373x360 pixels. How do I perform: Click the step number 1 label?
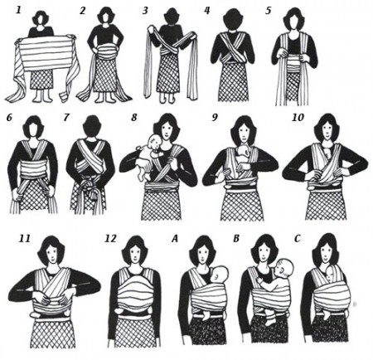tap(18, 10)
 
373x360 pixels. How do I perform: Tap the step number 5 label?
tap(268, 10)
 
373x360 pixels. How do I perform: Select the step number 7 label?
tap(65, 117)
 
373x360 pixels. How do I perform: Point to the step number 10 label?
tap(298, 117)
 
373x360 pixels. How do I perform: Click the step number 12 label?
tap(110, 238)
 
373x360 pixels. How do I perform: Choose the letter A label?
tap(175, 238)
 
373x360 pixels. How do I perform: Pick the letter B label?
tap(236, 238)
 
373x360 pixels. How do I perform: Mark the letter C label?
tap(297, 238)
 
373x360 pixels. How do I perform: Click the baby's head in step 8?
tap(153, 143)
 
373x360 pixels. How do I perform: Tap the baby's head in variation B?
tap(283, 269)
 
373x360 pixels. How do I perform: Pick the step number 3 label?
tap(145, 10)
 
